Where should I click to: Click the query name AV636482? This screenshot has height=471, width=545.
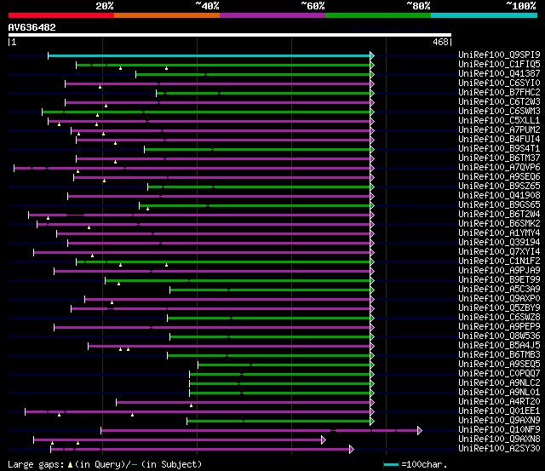coord(32,27)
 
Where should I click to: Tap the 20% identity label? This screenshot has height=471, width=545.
coord(104,5)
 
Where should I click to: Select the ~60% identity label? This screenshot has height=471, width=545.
coord(313,5)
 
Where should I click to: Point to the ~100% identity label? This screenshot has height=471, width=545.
coord(520,5)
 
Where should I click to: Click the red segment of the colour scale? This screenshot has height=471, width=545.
coord(60,14)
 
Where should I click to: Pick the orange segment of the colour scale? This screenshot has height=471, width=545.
coord(166,14)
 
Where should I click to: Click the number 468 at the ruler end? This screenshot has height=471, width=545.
coord(441,42)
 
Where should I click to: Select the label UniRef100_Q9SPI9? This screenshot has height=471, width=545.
coord(499,55)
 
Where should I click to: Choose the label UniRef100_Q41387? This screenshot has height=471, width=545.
coord(499,73)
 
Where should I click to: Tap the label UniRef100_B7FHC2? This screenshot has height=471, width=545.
coord(499,92)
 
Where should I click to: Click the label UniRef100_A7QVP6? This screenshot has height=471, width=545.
coord(499,167)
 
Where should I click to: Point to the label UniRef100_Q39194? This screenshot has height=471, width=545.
coord(499,242)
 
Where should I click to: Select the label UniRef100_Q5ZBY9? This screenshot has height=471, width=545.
coord(499,307)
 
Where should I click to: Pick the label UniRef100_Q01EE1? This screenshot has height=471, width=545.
coord(499,411)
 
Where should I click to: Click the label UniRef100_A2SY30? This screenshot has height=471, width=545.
coord(499,448)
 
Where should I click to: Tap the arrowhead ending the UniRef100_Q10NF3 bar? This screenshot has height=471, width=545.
coord(419,430)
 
